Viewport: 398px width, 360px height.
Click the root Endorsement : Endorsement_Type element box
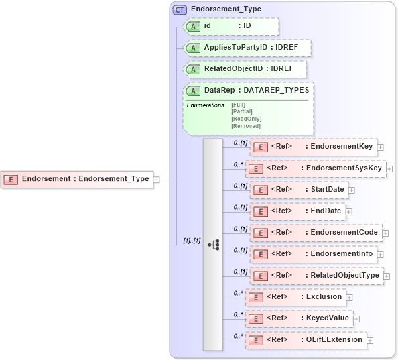tap(77, 179)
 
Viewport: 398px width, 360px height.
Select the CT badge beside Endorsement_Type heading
tap(180, 9)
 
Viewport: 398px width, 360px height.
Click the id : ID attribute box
tap(230, 26)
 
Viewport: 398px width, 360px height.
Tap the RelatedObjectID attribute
tap(245, 69)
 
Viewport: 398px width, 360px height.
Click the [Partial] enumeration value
tap(242, 111)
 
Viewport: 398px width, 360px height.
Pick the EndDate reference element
tap(297, 211)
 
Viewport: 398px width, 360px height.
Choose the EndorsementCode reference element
tap(316, 233)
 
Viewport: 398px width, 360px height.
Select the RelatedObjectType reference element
tap(316, 275)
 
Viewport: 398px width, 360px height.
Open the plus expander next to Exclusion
tap(349, 297)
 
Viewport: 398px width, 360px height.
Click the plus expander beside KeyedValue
tap(356, 318)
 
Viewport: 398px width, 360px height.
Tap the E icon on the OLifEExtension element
tap(255, 340)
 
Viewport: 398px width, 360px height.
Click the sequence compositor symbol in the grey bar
tap(213, 245)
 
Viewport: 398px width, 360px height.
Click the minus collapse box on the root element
tap(156, 179)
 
